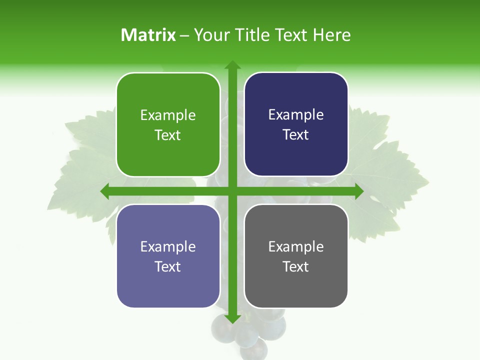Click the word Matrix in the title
click(148, 35)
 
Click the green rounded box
click(168, 124)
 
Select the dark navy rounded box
click(296, 124)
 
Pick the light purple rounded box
click(168, 256)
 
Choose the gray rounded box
click(296, 256)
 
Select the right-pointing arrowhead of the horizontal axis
click(358, 191)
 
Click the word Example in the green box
click(168, 115)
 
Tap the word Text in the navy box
click(296, 135)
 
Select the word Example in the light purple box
click(168, 247)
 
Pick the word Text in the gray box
click(296, 266)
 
